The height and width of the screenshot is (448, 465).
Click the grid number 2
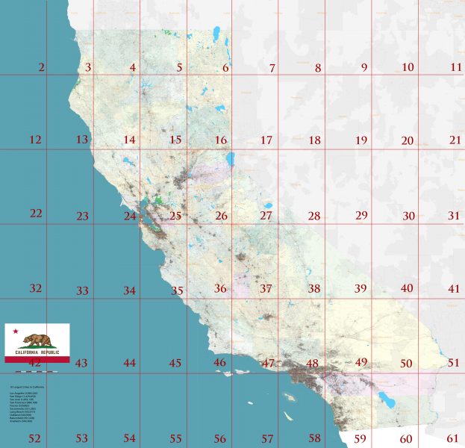pos(40,68)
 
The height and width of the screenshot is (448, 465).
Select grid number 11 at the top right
pos(456,67)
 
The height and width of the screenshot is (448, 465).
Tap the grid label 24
pos(130,217)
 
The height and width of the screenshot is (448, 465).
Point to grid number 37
pos(266,288)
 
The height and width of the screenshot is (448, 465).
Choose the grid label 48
pos(312,364)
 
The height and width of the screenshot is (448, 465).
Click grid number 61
pos(453,438)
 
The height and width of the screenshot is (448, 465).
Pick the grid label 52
pos(34,438)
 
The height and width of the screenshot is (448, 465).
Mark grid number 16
pos(221,140)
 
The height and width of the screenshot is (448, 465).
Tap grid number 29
pos(361,215)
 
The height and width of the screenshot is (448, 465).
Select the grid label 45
pos(175,364)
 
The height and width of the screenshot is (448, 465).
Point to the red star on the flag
pos(15,331)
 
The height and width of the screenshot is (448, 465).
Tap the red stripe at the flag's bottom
pos(37,359)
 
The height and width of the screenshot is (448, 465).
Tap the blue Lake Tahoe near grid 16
pos(231,159)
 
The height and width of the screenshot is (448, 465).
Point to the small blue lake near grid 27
pos(266,206)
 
